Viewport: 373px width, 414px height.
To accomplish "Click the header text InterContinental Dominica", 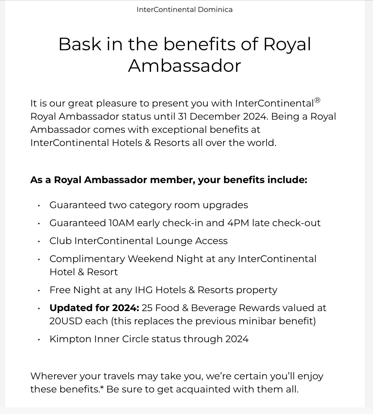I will (x=185, y=10).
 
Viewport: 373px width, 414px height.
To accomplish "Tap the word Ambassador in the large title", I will (x=185, y=66).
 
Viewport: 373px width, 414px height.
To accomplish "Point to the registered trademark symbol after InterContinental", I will (x=317, y=100).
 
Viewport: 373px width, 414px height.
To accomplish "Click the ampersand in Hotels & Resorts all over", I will (x=148, y=143).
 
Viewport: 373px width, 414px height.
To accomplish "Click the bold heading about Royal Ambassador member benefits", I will (x=169, y=180).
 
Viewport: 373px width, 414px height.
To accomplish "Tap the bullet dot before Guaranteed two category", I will (x=39, y=206).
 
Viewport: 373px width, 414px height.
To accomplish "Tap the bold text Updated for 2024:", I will (x=94, y=308).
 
